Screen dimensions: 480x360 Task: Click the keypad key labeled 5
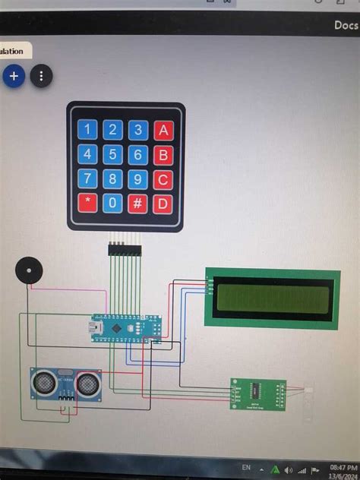112,155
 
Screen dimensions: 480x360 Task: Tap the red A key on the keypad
163,130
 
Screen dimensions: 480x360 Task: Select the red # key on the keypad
138,203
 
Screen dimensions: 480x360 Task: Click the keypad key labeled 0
112,203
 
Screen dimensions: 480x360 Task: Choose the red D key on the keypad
163,203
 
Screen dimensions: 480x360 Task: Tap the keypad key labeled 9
138,179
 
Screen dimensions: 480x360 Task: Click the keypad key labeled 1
88,130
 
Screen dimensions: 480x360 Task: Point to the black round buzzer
29,270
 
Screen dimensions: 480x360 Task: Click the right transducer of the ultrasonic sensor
89,384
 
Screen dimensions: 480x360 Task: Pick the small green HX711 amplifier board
258,394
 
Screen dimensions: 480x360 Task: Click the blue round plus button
14,76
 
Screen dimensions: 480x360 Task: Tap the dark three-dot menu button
41,76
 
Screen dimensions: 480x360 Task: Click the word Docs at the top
346,25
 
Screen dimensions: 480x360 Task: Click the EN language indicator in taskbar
246,467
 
